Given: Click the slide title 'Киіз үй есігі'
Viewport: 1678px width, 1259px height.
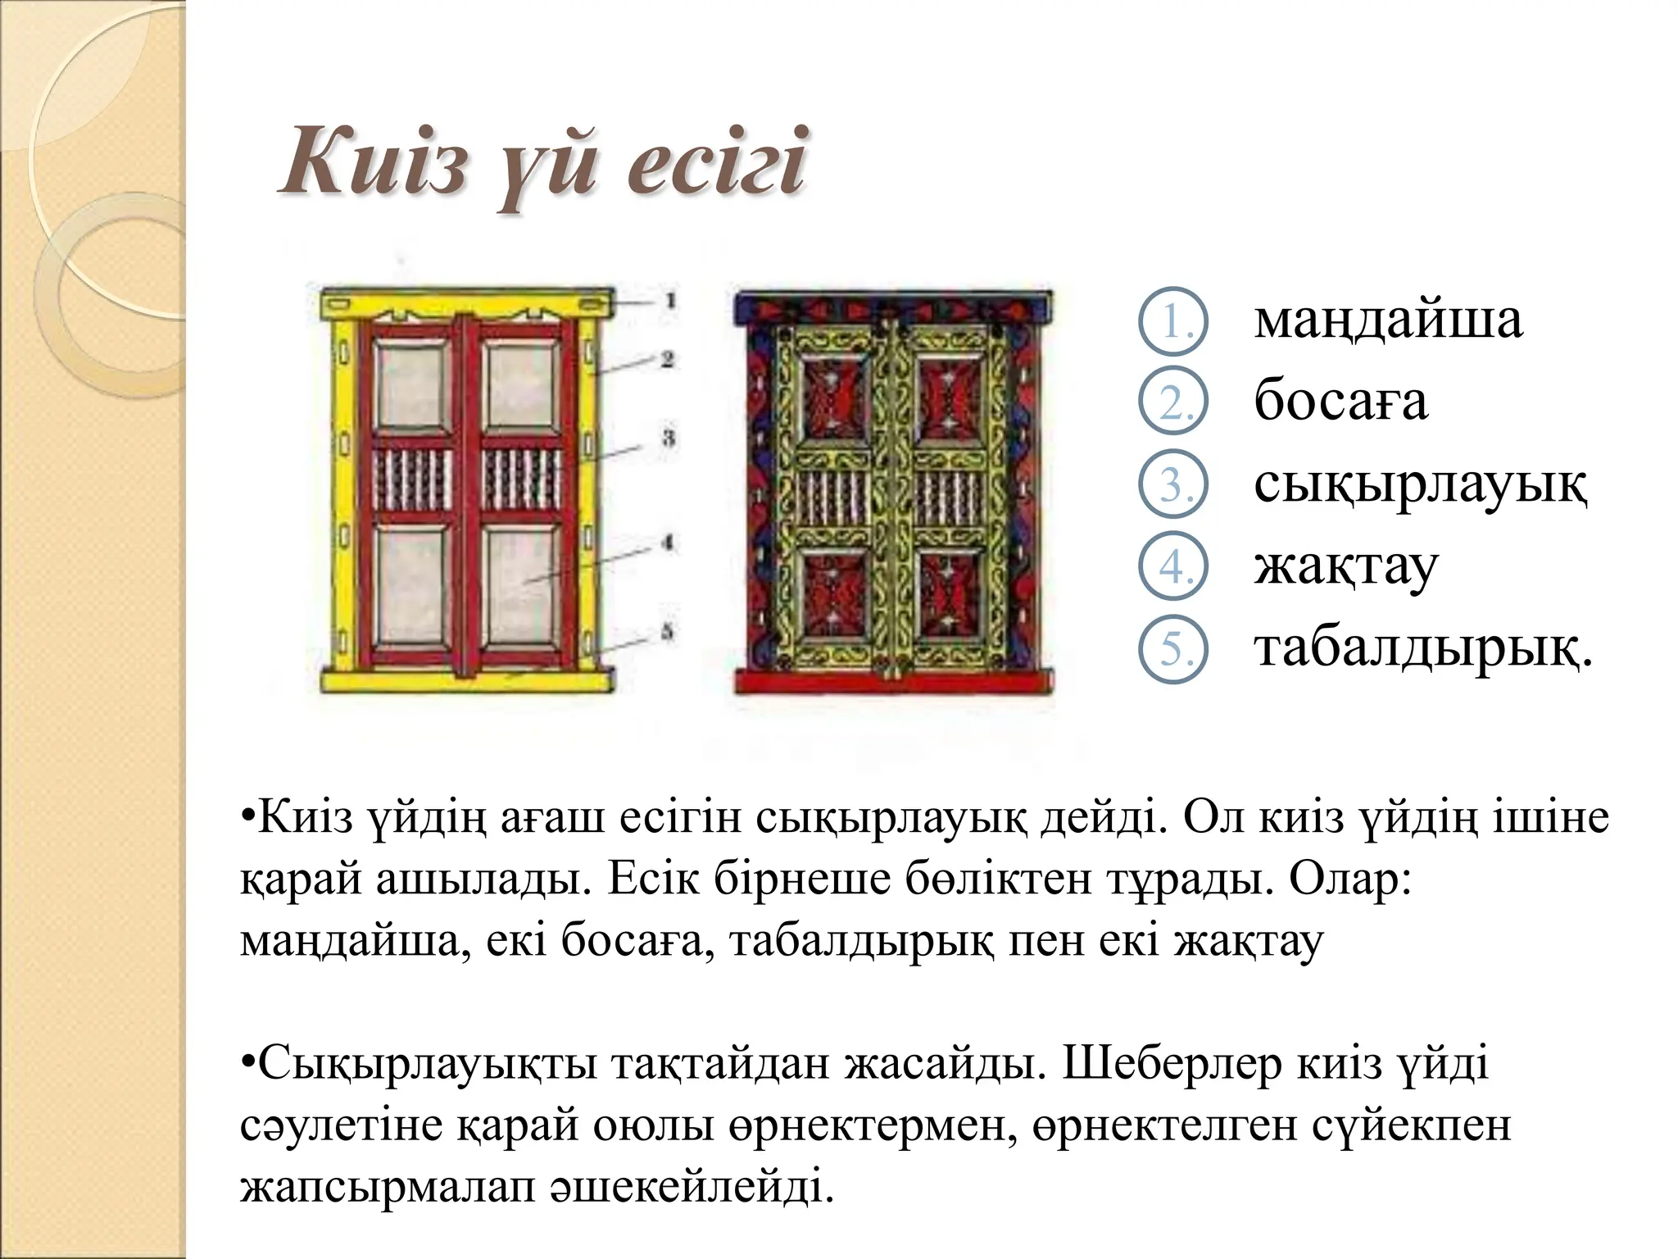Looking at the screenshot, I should (x=542, y=164).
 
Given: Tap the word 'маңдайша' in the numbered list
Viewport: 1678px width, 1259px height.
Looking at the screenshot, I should (x=1387, y=320).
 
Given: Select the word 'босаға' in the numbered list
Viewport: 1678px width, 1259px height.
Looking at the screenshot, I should (x=1340, y=402).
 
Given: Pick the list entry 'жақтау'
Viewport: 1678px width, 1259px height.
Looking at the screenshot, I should (x=1345, y=566).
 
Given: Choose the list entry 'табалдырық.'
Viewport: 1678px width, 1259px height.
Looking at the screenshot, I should (x=1423, y=648).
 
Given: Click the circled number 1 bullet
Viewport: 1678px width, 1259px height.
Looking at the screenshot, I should (x=1173, y=322).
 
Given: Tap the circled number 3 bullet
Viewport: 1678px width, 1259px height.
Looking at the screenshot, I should (x=1173, y=486).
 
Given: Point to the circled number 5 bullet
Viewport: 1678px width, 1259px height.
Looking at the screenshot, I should (x=1173, y=650).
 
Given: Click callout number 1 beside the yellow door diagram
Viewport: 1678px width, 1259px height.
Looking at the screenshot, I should (x=669, y=301).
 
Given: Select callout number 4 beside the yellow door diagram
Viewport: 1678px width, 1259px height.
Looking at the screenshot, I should (x=668, y=543).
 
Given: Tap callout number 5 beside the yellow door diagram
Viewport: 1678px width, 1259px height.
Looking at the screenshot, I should (x=668, y=631).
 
